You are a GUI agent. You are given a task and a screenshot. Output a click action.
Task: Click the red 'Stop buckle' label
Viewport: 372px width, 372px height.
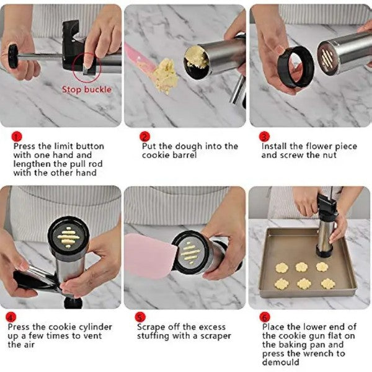tap(87, 90)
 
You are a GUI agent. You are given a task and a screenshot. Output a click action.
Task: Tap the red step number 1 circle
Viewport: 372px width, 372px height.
tap(17, 137)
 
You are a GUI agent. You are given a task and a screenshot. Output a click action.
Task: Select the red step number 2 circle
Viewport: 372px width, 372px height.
tap(144, 137)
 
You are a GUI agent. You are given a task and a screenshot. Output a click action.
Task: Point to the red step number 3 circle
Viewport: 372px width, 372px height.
tap(264, 137)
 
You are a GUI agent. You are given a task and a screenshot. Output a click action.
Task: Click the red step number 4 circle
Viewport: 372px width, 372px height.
tap(11, 317)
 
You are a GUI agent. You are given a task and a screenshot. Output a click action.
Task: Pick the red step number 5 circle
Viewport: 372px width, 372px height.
tap(140, 317)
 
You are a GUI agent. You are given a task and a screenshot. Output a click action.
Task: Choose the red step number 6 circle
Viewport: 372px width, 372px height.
tap(265, 317)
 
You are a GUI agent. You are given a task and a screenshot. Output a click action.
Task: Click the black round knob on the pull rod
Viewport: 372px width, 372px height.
tap(12, 56)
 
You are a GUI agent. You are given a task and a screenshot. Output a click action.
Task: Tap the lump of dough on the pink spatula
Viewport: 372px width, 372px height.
tap(165, 76)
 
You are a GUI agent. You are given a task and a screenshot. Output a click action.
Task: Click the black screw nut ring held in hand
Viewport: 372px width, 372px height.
tap(296, 67)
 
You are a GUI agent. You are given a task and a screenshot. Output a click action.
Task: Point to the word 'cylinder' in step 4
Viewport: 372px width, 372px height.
tap(95, 327)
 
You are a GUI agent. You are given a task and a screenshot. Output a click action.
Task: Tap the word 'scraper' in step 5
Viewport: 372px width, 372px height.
tap(216, 337)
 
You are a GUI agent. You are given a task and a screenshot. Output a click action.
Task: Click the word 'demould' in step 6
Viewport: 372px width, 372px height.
tap(281, 362)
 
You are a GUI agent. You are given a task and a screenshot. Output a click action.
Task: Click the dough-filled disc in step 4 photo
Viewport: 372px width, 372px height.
tap(68, 236)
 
